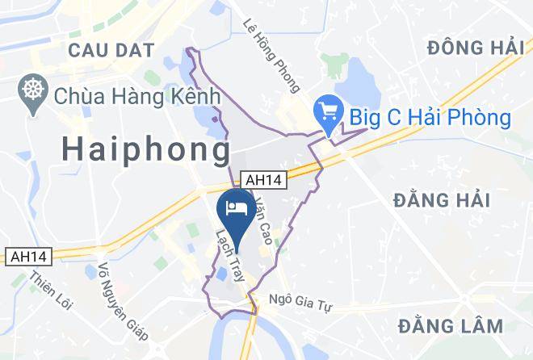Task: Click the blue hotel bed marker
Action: point(236,208)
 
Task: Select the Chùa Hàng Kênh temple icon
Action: point(35,95)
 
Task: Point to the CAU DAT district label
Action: point(111,50)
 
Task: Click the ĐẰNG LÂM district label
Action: point(451,325)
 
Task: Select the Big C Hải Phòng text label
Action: point(430,118)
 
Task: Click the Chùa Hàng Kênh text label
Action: point(137,96)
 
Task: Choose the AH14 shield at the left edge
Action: point(27,256)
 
